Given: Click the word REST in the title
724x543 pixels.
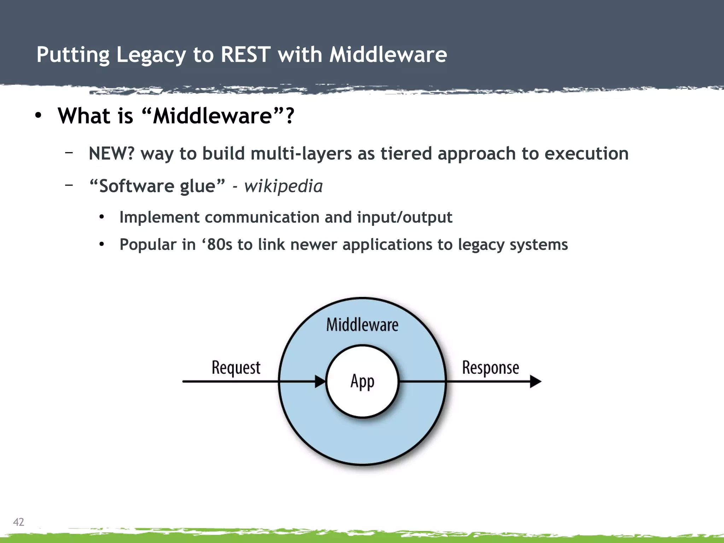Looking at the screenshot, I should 245,55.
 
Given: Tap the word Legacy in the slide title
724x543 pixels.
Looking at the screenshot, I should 151,56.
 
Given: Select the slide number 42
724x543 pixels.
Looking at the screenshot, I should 18,522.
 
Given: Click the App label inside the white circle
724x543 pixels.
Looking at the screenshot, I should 362,382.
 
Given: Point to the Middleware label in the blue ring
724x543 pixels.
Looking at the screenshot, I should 362,325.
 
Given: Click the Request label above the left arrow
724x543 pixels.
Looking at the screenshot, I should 236,368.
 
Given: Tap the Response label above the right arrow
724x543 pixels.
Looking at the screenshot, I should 490,368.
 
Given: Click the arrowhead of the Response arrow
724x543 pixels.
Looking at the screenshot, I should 535,381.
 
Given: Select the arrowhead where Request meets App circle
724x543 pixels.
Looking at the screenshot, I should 320,381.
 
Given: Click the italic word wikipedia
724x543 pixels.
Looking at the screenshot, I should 283,186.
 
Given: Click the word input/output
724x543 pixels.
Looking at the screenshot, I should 404,217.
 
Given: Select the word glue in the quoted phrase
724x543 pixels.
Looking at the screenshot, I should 202,186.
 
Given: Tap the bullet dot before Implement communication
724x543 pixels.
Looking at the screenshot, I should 102,217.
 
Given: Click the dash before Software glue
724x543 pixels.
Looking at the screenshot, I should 69,185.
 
